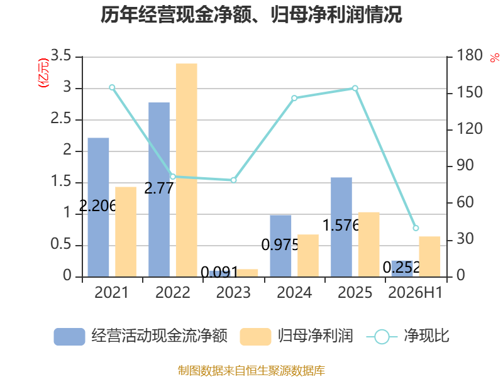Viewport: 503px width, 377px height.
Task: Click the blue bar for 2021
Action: click(98, 207)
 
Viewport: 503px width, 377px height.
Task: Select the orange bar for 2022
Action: click(187, 170)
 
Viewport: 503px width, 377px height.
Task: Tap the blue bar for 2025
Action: click(341, 227)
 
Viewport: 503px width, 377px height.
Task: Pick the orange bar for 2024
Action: click(308, 256)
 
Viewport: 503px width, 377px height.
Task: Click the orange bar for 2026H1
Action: click(429, 256)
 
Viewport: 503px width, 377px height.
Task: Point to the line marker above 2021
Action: click(112, 87)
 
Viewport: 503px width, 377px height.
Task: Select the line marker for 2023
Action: click(233, 180)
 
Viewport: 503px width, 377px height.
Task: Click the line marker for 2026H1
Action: click(416, 228)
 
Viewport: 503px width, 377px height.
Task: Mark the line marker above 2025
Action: click(355, 88)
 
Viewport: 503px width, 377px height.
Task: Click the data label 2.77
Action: click(159, 188)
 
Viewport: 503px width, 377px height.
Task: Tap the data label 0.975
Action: click(280, 245)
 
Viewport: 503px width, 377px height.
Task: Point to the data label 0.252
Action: click(401, 267)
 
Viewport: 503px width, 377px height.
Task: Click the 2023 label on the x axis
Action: click(233, 292)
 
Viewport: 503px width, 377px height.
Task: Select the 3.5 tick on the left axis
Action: click(60, 55)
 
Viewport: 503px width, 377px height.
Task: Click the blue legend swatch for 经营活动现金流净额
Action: click(69, 337)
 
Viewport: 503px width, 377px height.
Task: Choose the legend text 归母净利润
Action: click(316, 336)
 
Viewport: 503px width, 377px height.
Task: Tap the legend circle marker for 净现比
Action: click(382, 337)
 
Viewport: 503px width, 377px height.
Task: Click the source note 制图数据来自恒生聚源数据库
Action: click(251, 371)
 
